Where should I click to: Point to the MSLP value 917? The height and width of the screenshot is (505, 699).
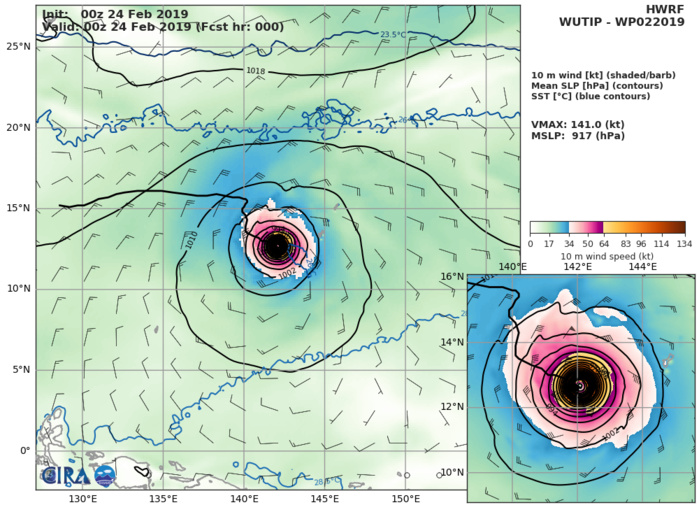coord(594,135)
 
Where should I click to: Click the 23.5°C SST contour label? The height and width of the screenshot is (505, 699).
coord(393,35)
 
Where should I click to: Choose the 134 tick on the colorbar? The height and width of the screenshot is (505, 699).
coord(684,243)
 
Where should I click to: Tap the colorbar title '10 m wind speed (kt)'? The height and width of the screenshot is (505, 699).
coord(607,255)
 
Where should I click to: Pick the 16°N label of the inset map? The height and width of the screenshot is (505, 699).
coord(480,276)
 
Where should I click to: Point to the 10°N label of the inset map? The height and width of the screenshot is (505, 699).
coord(480,472)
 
